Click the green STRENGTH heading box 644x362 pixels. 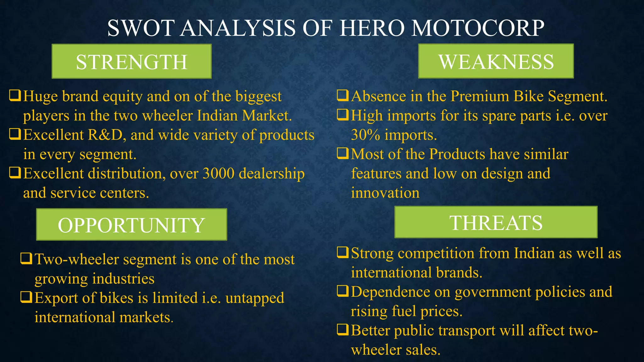tap(131, 61)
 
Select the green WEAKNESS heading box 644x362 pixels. tap(496, 61)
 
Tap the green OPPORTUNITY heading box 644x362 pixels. tap(131, 224)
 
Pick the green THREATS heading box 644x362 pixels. tap(496, 222)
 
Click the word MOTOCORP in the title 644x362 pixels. tap(478, 28)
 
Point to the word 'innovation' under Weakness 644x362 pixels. tap(385, 193)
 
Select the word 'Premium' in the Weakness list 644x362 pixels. tap(480, 96)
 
